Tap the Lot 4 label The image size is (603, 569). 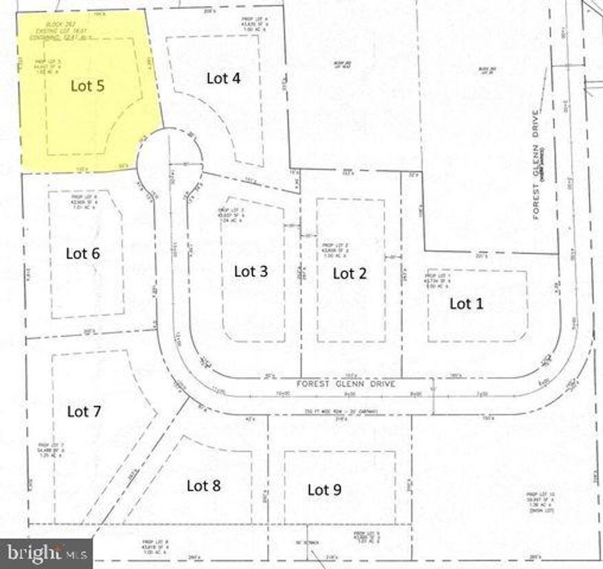(x=223, y=77)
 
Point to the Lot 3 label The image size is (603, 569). (x=251, y=270)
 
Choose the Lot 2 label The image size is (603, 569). (x=349, y=273)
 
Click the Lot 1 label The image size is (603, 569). (x=467, y=303)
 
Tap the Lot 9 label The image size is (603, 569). (x=324, y=489)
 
